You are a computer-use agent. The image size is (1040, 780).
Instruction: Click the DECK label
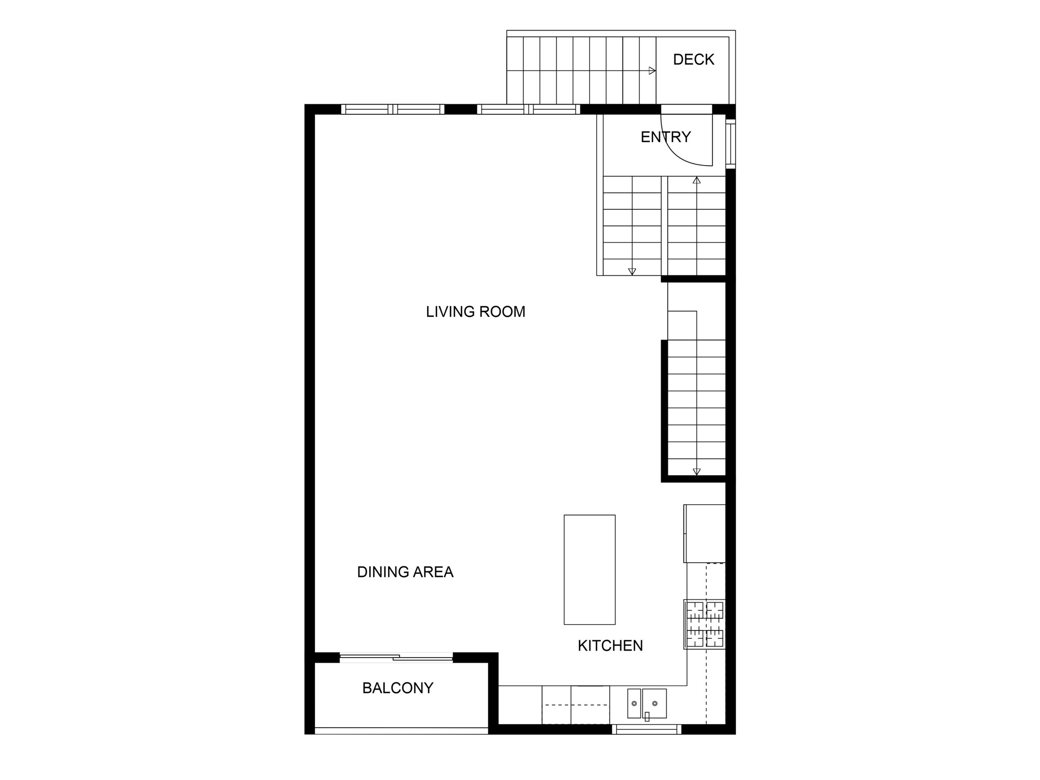point(693,59)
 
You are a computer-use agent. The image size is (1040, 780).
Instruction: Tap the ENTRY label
point(665,137)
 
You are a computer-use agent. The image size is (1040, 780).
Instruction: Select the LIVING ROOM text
point(475,311)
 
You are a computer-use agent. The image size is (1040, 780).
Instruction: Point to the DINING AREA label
point(405,572)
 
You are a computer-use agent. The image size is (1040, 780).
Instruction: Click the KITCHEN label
point(610,645)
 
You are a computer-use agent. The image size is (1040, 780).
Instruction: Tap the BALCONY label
point(398,688)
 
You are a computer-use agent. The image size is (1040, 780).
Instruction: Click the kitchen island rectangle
point(590,569)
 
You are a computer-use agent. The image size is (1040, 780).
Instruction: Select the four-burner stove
point(705,624)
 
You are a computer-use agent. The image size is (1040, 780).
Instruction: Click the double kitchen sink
point(646,703)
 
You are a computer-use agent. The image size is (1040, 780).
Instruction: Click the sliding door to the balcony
point(396,658)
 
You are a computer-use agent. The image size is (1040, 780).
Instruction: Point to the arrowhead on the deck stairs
point(653,71)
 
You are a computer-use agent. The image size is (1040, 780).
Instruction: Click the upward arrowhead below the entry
point(697,180)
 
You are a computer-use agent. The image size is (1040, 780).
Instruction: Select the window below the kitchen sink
point(646,730)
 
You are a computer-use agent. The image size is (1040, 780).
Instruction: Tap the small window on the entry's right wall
point(730,144)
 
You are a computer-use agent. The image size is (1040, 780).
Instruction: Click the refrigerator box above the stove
point(705,533)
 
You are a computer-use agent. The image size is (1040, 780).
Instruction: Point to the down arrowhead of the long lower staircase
point(697,472)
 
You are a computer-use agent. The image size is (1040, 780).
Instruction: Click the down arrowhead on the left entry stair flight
point(632,272)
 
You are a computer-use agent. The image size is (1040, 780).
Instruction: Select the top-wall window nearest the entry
point(529,109)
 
